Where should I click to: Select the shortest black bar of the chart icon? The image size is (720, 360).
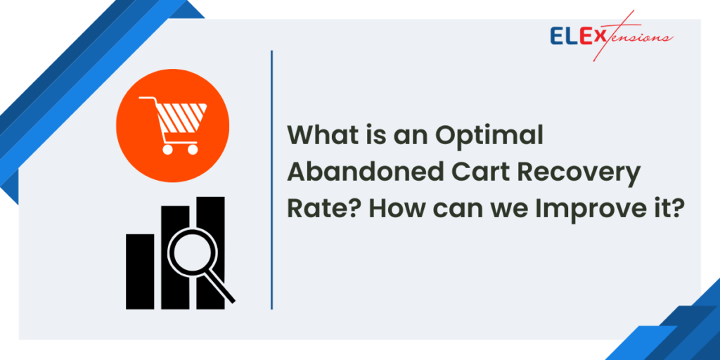(139, 271)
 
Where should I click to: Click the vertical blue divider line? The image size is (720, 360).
(271, 179)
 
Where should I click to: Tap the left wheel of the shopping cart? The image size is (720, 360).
(168, 148)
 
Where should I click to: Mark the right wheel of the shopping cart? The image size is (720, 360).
(192, 148)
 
